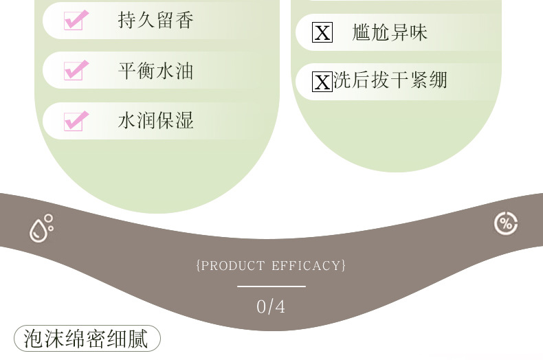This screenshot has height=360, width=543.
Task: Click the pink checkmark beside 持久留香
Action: click(x=75, y=20)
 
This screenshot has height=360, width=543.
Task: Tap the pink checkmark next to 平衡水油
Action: click(x=75, y=70)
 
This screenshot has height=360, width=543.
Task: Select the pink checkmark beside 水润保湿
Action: click(x=75, y=121)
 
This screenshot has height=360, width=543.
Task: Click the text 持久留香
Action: click(x=155, y=20)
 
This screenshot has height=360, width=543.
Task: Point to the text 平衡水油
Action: click(x=155, y=70)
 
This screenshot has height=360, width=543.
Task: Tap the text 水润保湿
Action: click(x=155, y=121)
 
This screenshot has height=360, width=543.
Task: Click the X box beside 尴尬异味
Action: click(x=322, y=32)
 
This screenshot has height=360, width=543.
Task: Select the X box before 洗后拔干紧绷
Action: click(x=322, y=82)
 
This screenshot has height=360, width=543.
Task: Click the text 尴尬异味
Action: click(x=390, y=32)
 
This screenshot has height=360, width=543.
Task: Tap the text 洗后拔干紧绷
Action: click(x=390, y=80)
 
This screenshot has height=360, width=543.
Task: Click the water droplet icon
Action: click(x=41, y=228)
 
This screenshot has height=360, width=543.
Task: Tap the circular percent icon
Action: click(x=506, y=223)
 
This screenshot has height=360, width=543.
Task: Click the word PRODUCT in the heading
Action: click(x=233, y=265)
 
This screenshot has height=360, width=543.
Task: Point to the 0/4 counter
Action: click(x=271, y=306)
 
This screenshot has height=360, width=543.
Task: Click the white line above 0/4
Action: click(x=271, y=286)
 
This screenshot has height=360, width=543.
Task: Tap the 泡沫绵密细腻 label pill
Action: click(x=87, y=339)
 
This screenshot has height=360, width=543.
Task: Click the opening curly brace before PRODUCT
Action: click(x=199, y=265)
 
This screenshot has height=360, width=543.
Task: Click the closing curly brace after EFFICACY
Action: click(x=343, y=265)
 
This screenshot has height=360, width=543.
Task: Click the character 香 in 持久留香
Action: click(x=184, y=20)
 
